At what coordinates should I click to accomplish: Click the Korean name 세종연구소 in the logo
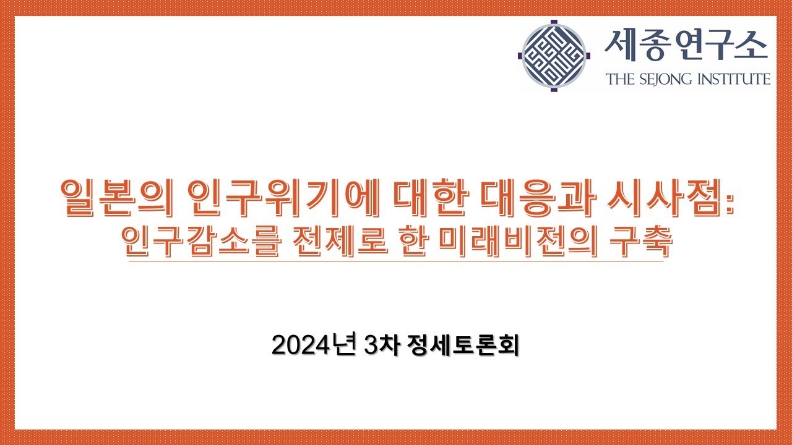pos(686,45)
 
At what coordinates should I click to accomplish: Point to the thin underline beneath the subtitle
pos(396,262)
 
